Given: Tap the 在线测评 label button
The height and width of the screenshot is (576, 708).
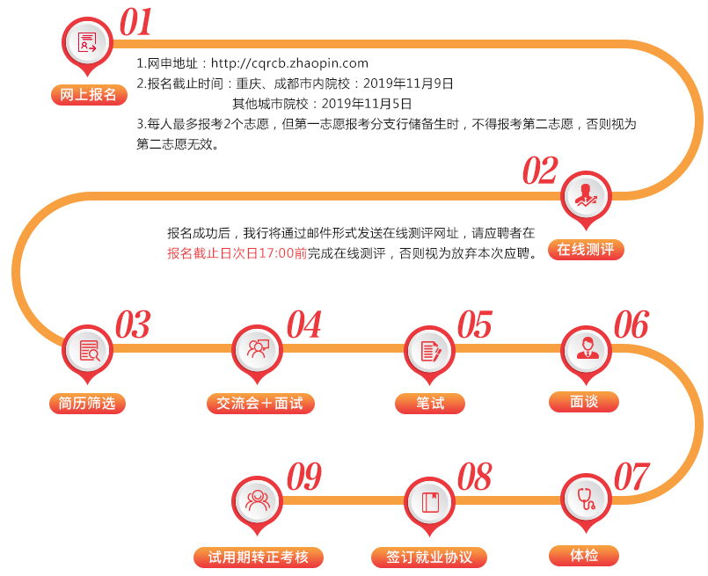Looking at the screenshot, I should point(588,250).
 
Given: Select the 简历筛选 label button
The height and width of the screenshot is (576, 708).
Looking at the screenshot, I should point(87,404).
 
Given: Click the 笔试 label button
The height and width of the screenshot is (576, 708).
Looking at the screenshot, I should point(430,404).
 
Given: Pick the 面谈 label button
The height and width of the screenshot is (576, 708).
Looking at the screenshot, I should point(584,402).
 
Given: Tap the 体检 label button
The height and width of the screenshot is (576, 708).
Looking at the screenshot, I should point(584,556).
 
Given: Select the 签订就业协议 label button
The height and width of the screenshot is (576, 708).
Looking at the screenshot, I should point(429,558).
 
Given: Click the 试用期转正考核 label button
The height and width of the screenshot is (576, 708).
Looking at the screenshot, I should point(259,558).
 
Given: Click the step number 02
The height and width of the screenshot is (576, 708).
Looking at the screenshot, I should point(540,171).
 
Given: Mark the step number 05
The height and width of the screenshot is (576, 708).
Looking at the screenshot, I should point(475,325).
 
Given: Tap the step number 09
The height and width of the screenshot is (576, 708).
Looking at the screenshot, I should point(303,478).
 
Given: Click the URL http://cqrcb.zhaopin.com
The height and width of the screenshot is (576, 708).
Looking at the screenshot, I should point(289,63).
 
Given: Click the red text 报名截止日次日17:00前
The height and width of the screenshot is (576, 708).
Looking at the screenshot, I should point(237,253).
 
